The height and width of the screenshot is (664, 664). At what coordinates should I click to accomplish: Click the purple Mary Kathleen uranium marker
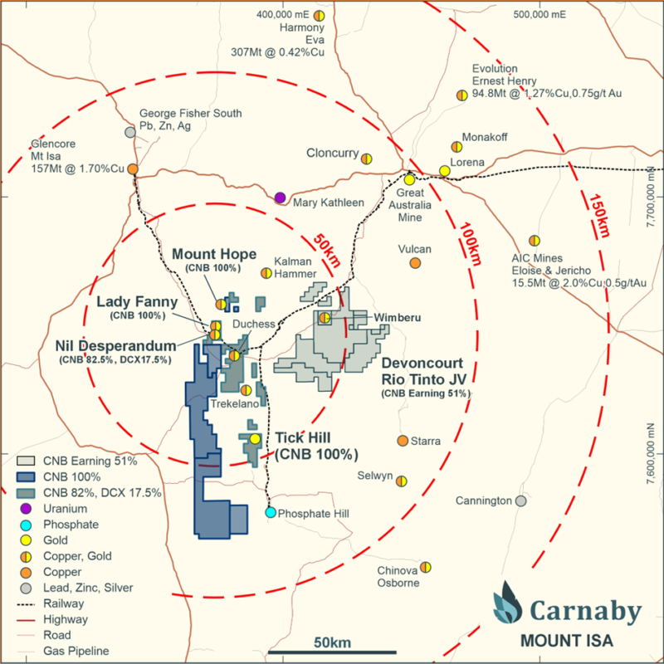click(x=281, y=198)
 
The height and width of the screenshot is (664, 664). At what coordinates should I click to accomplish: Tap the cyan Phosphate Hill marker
click(x=271, y=512)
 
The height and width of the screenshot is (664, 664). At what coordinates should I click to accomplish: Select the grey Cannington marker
click(x=520, y=500)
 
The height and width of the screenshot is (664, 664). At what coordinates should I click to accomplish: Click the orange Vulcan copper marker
click(x=415, y=263)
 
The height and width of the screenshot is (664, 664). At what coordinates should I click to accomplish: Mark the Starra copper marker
click(x=403, y=441)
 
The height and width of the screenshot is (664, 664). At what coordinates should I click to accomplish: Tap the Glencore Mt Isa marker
click(x=132, y=169)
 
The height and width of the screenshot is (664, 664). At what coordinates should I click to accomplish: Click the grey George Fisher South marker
click(x=130, y=132)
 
